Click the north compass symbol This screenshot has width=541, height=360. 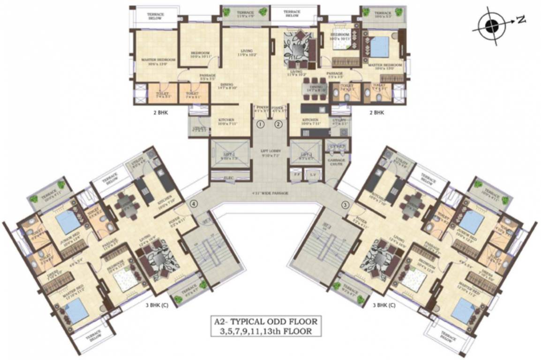492,26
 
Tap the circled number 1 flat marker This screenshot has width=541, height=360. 261,124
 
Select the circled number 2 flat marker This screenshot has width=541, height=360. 278,124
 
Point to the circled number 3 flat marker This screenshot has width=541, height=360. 346,204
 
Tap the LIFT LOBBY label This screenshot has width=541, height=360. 270,153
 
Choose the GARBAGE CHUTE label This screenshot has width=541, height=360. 336,162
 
